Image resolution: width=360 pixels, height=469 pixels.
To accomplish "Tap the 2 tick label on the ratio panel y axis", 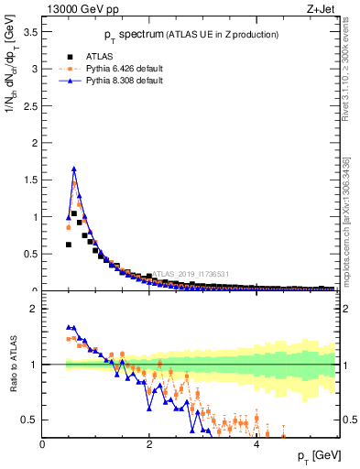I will [35, 309].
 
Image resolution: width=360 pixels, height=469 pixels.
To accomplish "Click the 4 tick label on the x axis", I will [256, 445].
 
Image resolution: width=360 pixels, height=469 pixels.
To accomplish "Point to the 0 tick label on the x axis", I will [43, 445].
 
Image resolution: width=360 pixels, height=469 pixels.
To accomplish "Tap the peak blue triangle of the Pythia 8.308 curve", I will [74, 169].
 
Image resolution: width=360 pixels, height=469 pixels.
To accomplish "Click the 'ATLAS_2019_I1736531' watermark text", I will [191, 273].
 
